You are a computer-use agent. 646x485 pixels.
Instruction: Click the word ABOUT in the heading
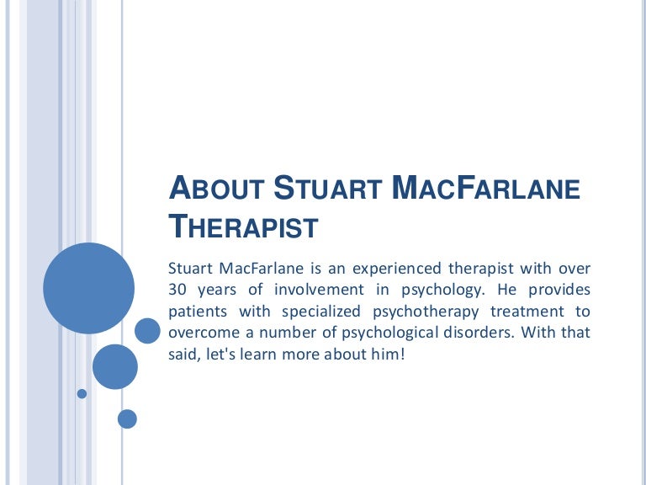tap(216, 188)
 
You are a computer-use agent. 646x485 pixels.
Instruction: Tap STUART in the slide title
tap(328, 188)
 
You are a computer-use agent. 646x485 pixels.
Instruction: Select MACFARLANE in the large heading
tap(485, 188)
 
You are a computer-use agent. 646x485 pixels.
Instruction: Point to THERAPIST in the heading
tap(243, 226)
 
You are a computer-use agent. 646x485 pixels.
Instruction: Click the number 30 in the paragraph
tap(177, 290)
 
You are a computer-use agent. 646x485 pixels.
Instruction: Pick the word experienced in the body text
tap(397, 269)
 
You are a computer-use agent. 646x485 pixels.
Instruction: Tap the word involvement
tap(319, 290)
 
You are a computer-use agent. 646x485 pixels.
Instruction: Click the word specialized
tap(321, 312)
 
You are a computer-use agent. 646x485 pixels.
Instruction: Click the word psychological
tap(389, 333)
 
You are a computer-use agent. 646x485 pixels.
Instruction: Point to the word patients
tap(198, 312)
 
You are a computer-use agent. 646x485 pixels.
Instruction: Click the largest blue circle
tap(88, 288)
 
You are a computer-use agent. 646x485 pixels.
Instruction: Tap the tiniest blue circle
tap(82, 393)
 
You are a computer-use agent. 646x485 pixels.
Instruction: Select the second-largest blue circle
tap(115, 366)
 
